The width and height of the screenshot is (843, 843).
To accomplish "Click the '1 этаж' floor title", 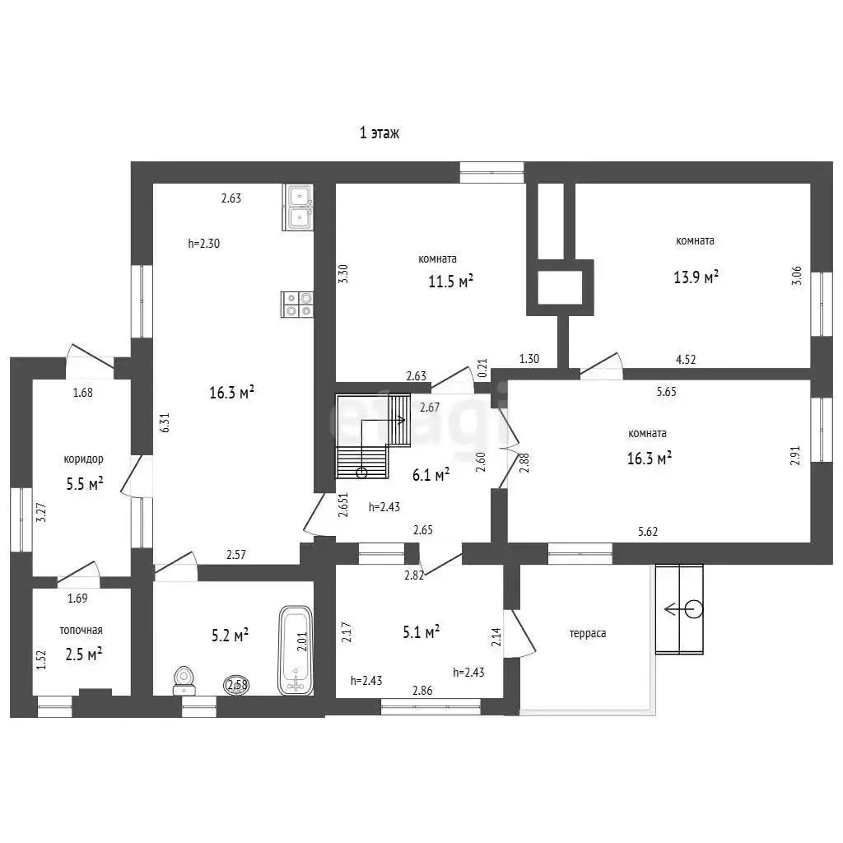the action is [x=380, y=133].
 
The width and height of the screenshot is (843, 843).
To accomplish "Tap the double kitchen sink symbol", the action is [x=298, y=207].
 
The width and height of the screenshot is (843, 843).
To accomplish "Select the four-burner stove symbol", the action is [x=297, y=305].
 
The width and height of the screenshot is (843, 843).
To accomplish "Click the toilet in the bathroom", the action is [x=184, y=681].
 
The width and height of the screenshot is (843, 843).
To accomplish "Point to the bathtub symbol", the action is [x=296, y=650].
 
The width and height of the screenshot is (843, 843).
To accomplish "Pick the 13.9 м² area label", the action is [x=696, y=277].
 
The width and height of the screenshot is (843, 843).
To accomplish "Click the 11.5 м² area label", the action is [x=450, y=281].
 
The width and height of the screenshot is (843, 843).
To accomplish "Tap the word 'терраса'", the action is [x=588, y=633].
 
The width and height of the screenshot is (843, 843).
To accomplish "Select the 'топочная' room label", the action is [x=81, y=630].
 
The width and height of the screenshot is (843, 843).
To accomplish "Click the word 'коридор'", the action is [x=83, y=459].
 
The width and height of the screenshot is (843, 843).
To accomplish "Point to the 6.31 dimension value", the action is [x=165, y=422].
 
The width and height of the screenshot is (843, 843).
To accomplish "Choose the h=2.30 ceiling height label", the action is [x=204, y=243].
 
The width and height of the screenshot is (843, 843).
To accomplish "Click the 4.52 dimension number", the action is [x=686, y=359].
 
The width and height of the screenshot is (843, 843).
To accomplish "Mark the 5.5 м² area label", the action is [x=85, y=483].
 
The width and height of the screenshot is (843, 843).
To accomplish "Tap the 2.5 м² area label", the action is [x=84, y=654].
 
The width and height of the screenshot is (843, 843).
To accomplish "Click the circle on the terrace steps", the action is [x=694, y=609].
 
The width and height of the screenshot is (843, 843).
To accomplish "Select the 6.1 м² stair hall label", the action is [x=431, y=475].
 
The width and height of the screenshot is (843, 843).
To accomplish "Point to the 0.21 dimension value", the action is [x=482, y=368].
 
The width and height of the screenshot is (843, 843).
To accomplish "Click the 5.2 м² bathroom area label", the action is [x=230, y=636].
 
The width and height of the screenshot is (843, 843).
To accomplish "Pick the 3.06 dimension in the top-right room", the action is [x=796, y=276].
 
